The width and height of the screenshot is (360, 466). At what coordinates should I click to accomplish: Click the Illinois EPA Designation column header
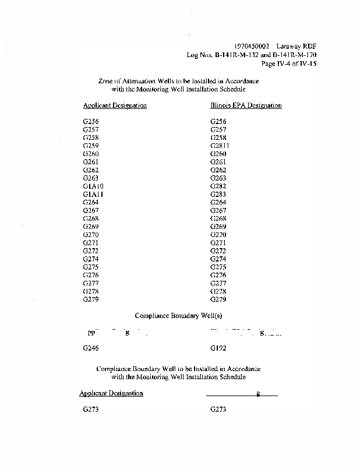click(245, 106)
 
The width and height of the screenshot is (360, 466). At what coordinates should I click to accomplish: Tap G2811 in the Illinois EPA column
click(220, 146)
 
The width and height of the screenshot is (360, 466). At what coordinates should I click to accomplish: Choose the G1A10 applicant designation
click(93, 186)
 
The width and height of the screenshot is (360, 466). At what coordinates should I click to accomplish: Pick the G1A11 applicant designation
click(93, 194)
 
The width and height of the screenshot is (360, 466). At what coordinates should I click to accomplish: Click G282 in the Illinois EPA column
click(218, 186)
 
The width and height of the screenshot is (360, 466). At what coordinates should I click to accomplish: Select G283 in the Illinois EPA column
click(218, 194)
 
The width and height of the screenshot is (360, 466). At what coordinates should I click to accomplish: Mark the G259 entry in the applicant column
click(91, 146)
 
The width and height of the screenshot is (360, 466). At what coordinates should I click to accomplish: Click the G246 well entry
click(91, 348)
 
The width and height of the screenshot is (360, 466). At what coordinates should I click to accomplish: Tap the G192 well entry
click(218, 348)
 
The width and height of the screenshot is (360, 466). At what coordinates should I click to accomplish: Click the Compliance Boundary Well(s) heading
click(179, 316)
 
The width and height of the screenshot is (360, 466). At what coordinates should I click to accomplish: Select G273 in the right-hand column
click(218, 409)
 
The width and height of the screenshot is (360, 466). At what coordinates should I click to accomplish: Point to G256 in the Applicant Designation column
click(91, 121)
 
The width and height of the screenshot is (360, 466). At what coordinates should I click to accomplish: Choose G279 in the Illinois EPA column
click(218, 299)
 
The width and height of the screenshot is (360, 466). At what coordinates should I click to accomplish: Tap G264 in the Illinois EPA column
click(218, 202)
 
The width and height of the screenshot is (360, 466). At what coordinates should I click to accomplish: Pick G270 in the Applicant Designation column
click(91, 235)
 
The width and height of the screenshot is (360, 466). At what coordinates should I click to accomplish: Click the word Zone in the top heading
click(106, 81)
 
